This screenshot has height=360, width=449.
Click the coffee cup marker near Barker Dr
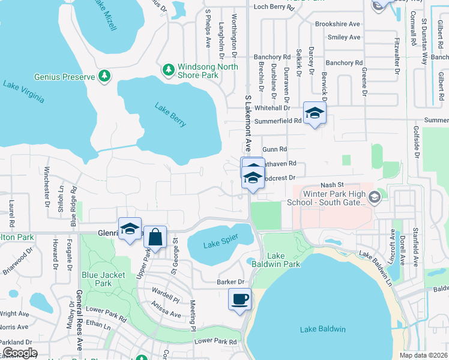(x=240, y=299)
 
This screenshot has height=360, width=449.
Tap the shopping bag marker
(x=155, y=236)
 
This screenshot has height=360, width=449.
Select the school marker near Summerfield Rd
(x=315, y=113)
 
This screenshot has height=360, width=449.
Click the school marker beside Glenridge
(x=130, y=229)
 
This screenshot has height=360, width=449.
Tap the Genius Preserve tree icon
(x=105, y=76)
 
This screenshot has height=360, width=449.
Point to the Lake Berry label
(x=170, y=115)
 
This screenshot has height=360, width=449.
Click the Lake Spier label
(x=221, y=240)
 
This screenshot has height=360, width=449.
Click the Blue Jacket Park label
(x=96, y=279)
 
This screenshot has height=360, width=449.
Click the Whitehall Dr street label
(x=273, y=108)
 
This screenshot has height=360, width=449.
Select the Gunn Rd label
(x=275, y=149)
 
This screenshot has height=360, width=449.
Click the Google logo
(x=20, y=353)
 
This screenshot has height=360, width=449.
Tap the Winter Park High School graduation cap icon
(x=374, y=197)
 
